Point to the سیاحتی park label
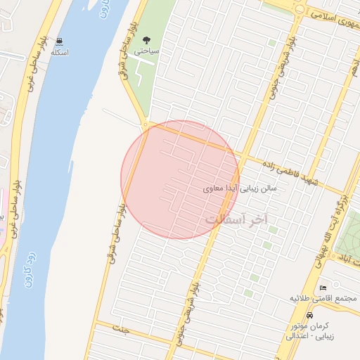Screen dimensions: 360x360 pyautogui.click(x=149, y=51)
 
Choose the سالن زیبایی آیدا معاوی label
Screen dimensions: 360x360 pyautogui.click(x=240, y=188)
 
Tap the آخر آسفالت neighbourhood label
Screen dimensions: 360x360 pyautogui.click(x=237, y=219)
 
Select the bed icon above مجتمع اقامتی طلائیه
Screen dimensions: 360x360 pyautogui.click(x=323, y=288)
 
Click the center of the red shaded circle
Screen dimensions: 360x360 pyautogui.click(x=180, y=179)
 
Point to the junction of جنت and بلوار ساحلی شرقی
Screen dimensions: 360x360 pyautogui.click(x=96, y=324)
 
